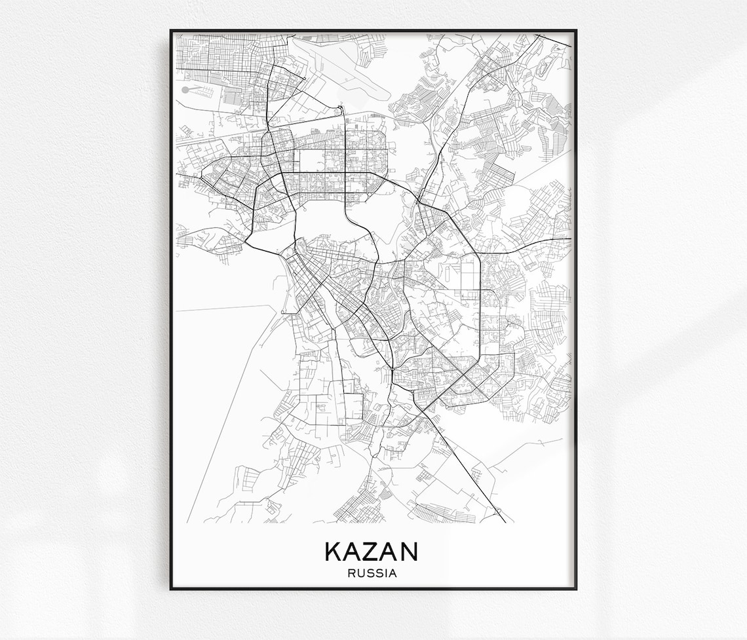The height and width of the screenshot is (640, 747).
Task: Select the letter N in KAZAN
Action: click(408, 552)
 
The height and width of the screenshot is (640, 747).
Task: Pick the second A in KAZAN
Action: click(389, 552)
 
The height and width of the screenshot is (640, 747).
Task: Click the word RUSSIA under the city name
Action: click(373, 573)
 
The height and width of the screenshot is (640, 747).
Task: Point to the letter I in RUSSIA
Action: click(386, 573)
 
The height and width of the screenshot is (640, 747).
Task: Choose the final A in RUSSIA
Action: click(393, 573)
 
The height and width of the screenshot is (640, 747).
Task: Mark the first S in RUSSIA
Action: click(370, 573)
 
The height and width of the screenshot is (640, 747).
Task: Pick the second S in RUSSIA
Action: click(378, 573)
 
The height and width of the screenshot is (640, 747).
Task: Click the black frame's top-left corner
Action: click(171, 30)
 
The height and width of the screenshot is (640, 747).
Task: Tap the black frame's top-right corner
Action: click(575, 30)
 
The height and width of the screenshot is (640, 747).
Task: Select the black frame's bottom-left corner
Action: click(171, 588)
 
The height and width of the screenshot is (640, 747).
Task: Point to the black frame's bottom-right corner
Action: click(575, 588)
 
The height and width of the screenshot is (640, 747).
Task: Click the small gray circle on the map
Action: click(185, 89)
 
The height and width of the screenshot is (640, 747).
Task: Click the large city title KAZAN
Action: click(372, 552)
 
